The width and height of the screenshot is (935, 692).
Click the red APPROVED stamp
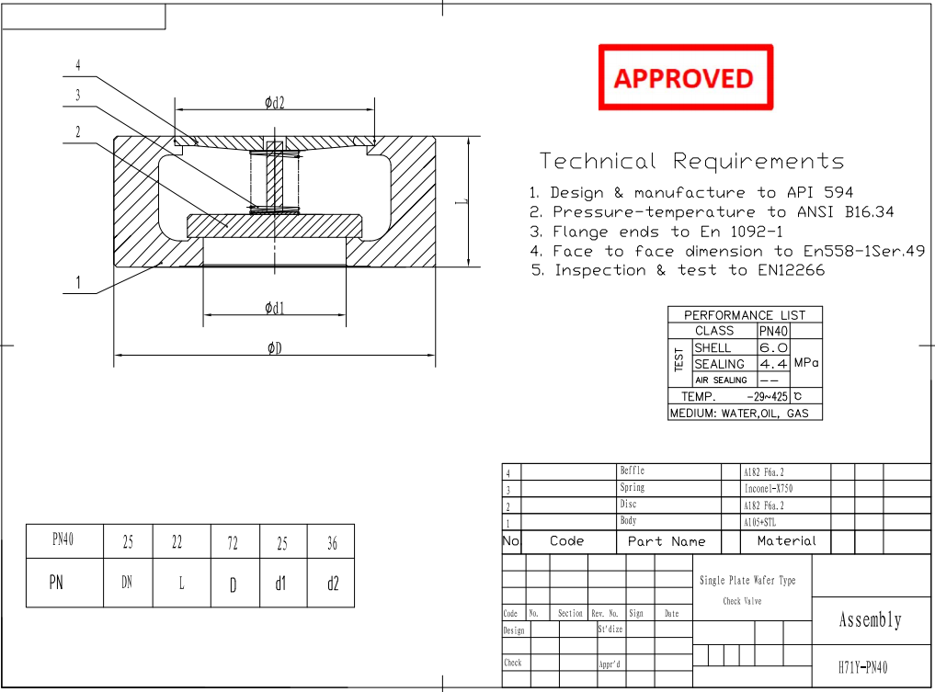click(685, 78)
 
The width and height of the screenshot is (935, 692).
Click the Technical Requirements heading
click(691, 162)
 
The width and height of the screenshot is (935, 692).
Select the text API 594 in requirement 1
click(819, 193)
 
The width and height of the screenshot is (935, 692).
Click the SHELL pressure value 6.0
click(773, 348)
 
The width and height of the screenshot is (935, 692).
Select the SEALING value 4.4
click(773, 364)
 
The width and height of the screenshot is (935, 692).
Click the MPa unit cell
click(805, 363)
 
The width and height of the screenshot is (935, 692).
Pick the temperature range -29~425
click(768, 397)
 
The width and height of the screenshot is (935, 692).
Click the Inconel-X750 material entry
click(768, 489)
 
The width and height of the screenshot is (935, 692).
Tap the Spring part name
click(633, 488)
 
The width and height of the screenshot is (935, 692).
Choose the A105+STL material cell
click(760, 522)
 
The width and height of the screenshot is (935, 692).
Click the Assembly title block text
click(870, 620)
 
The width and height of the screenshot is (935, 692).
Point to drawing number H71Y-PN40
click(863, 667)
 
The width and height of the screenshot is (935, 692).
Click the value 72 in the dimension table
click(233, 543)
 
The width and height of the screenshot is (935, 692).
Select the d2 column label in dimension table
click(332, 584)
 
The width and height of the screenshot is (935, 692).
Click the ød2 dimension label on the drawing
click(274, 103)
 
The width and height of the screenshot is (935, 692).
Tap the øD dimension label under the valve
click(274, 347)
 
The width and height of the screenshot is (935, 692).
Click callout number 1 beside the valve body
click(78, 283)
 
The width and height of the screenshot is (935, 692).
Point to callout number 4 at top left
click(78, 66)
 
